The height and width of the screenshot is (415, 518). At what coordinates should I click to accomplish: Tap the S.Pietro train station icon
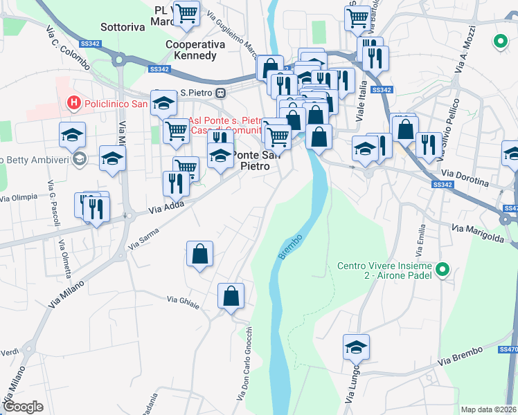[x=220, y=93]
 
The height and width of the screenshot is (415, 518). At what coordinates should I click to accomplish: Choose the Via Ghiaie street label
[x=183, y=302]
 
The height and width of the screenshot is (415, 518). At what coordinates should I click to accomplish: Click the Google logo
[x=23, y=407]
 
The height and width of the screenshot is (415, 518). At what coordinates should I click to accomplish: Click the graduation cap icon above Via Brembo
[x=356, y=347]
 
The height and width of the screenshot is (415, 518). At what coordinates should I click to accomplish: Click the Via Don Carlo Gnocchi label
[x=244, y=363]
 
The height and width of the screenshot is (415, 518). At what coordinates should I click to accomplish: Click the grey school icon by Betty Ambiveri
[x=80, y=159]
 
